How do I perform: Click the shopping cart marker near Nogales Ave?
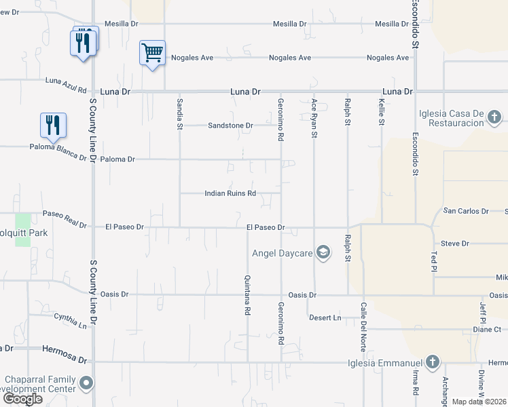tap(153, 52)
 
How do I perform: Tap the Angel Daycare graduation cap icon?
tap(323, 254)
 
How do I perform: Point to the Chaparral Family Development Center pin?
tap(86, 385)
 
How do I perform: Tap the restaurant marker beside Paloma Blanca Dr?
tap(53, 125)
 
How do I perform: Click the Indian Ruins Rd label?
tap(230, 193)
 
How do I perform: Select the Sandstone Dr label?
tap(230, 125)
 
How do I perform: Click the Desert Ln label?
tap(325, 317)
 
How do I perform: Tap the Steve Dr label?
tap(455, 243)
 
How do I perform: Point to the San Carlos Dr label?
tap(466, 211)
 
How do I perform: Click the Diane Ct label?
tap(486, 330)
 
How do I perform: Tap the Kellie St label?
tap(381, 113)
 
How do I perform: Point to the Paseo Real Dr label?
tap(65, 219)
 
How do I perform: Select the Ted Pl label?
tap(435, 260)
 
